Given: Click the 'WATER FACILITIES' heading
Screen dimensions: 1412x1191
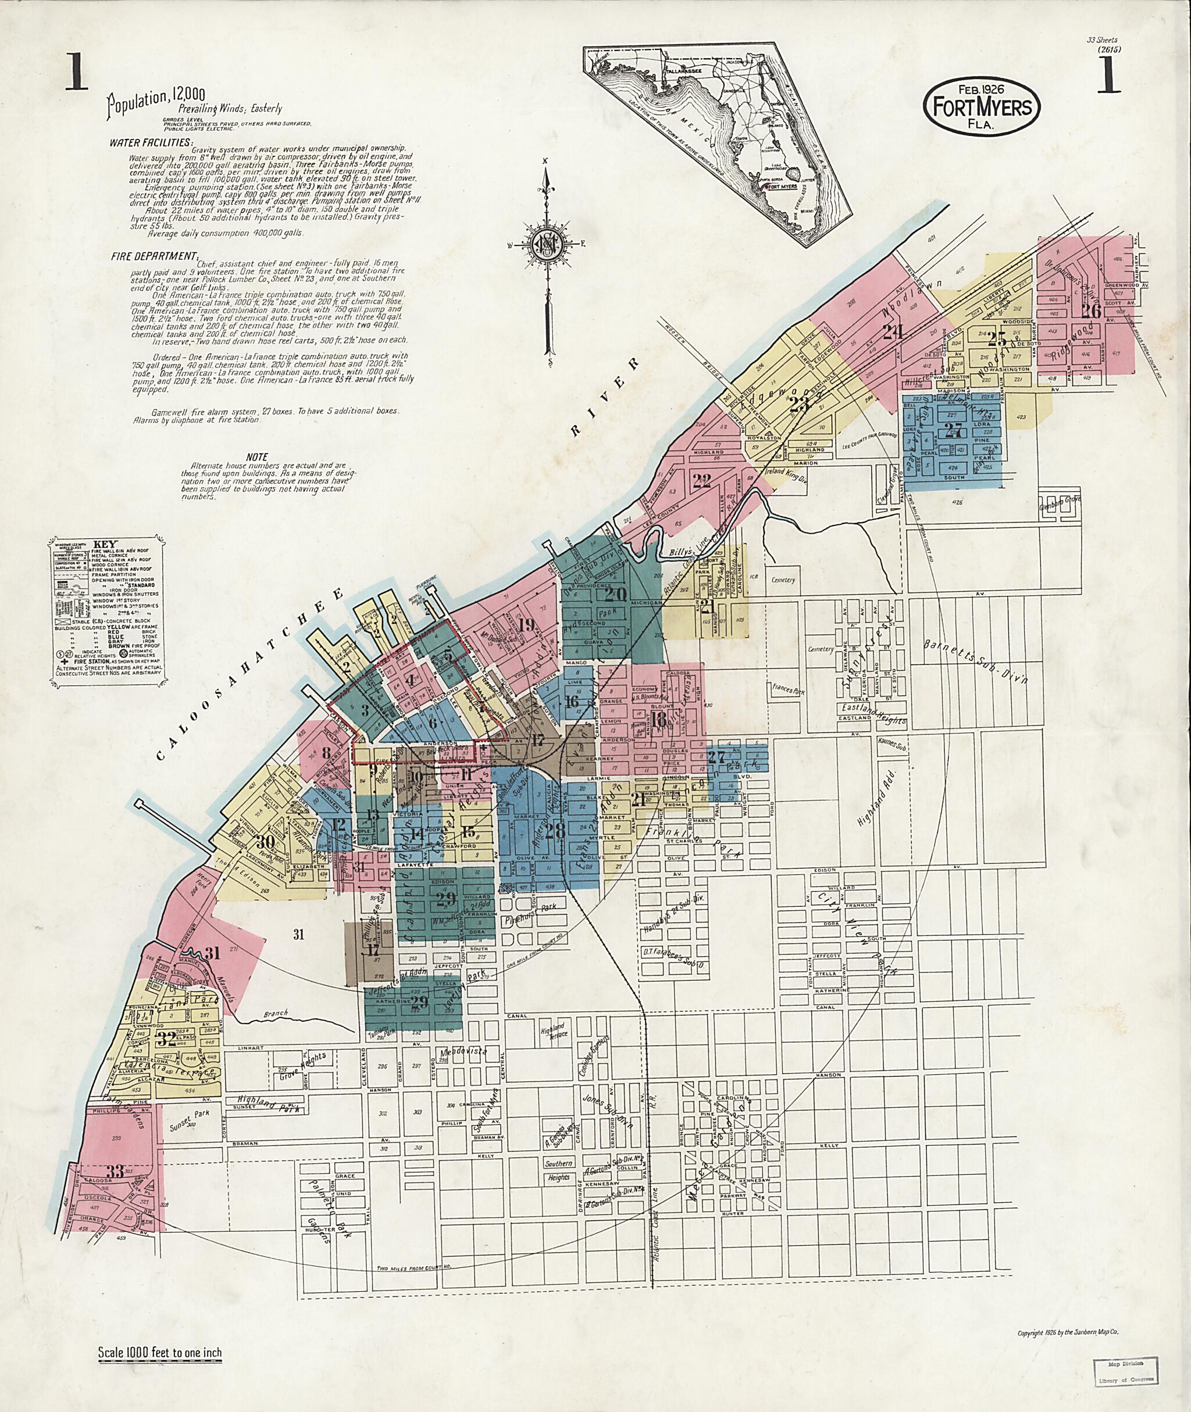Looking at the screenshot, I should (x=151, y=143).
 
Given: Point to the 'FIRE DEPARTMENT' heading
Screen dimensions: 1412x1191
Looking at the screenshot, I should (x=155, y=256).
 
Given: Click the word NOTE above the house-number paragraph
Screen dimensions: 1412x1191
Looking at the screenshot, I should (x=257, y=457).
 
